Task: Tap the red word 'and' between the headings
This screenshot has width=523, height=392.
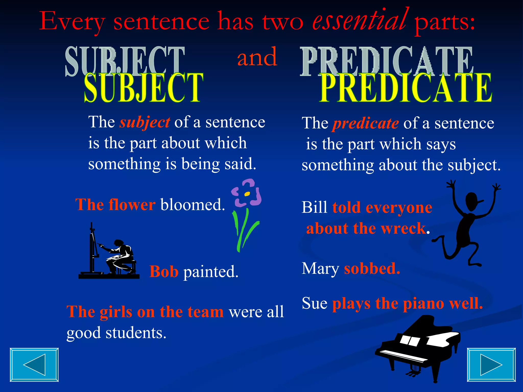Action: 257,57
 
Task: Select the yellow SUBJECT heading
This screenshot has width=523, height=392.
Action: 144,88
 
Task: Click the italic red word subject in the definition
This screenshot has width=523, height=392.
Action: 145,123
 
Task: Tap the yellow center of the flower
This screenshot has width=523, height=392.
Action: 247,194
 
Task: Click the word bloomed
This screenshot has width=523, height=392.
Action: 193,205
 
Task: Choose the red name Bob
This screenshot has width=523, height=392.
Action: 164,272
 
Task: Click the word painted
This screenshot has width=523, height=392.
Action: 211,272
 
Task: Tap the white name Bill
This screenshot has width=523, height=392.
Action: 314,207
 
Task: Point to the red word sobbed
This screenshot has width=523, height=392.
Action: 372,269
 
